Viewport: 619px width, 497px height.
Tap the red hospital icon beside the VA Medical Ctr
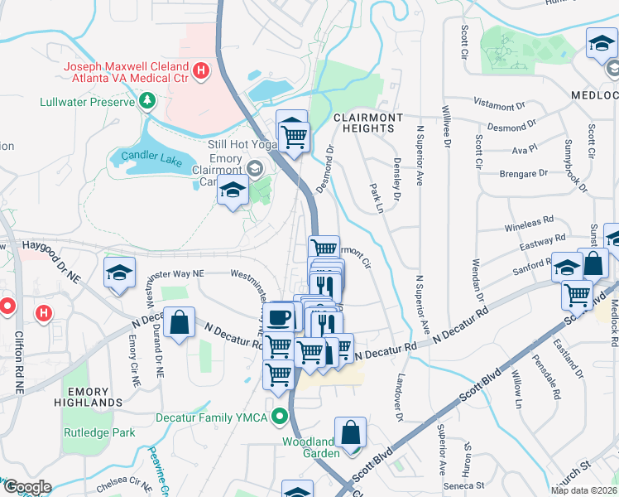point(199,71)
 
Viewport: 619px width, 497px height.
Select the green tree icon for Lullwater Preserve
point(147,101)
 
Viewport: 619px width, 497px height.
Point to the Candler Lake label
point(150,155)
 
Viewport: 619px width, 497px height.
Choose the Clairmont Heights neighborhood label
point(367,123)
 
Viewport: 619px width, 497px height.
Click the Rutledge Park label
point(98,432)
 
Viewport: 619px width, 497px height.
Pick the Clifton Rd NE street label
point(19,362)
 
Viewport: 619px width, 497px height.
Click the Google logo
point(26,487)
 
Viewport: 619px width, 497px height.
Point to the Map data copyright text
point(583,490)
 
